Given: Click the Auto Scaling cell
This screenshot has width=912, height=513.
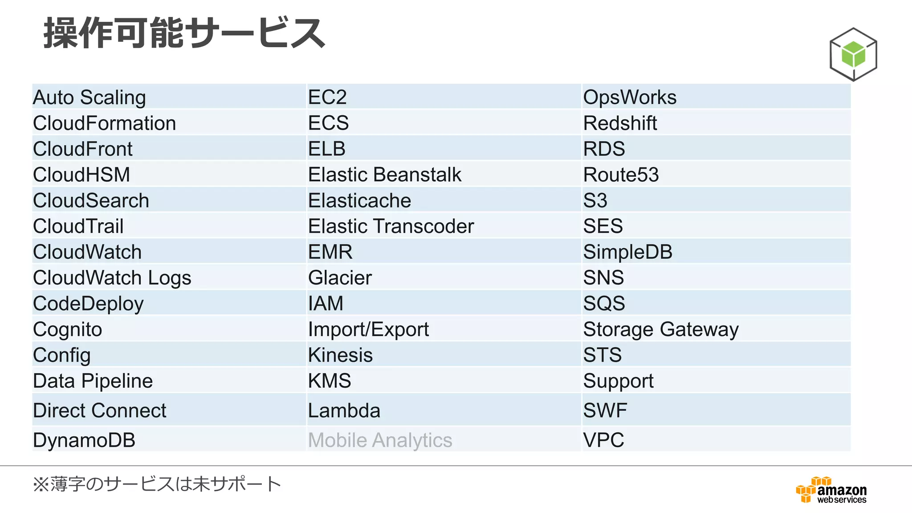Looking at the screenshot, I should (90, 97).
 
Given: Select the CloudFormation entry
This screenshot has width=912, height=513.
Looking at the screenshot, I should (105, 123).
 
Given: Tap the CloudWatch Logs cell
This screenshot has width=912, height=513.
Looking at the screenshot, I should (112, 278).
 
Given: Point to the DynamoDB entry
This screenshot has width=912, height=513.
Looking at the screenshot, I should (84, 440).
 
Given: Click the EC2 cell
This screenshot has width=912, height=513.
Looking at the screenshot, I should (327, 97).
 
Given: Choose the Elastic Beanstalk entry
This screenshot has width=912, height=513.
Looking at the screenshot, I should (385, 175).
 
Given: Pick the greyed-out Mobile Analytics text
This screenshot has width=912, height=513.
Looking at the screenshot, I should (380, 440).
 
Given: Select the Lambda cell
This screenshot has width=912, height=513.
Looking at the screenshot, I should (344, 410).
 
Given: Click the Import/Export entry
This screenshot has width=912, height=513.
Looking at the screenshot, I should (369, 330).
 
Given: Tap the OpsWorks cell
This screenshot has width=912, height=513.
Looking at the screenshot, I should (630, 97).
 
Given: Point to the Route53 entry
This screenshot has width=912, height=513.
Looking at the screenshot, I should (621, 175).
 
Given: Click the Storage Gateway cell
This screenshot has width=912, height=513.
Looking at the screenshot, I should (661, 330).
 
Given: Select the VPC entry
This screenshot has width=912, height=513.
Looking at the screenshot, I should (603, 440).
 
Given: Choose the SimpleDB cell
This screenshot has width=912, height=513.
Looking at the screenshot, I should (628, 252).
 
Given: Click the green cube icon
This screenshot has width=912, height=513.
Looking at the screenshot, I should (853, 54).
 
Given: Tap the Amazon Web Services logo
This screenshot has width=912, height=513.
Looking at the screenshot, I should (832, 490).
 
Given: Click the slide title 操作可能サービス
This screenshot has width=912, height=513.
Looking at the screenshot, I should (184, 33).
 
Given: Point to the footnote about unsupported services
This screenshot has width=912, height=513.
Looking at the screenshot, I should (157, 484).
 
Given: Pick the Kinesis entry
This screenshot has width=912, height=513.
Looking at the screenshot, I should (341, 355).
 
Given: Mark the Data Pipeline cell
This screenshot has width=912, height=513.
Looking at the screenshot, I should (93, 381).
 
